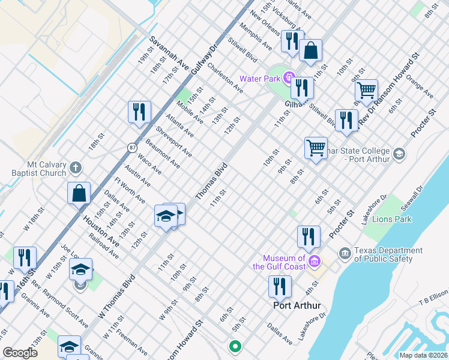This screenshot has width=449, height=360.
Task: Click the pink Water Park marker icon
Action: click(x=288, y=78)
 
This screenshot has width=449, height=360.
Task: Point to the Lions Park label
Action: click(x=395, y=219)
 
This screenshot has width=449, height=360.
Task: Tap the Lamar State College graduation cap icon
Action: click(x=398, y=155)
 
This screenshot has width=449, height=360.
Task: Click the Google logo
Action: click(x=20, y=353)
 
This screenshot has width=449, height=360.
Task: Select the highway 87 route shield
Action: click(x=131, y=147)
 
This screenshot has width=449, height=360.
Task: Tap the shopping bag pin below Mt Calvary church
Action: click(x=79, y=194)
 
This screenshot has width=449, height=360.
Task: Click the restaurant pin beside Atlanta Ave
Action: click(x=139, y=112)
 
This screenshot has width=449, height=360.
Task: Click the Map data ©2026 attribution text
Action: click(x=424, y=355)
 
